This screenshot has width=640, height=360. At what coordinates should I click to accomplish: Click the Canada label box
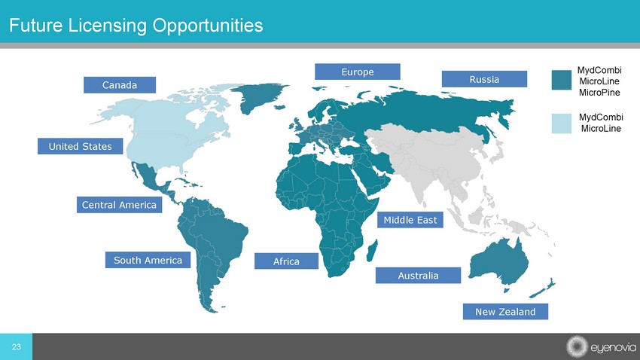120,85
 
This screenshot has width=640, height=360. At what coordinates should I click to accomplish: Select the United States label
80,146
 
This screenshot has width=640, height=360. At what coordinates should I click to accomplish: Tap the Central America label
119,205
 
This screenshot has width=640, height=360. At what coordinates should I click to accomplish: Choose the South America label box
148,260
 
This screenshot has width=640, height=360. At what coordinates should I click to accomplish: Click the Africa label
286,261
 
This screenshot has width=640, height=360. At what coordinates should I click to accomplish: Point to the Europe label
357,72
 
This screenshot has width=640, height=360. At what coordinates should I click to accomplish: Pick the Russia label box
484,79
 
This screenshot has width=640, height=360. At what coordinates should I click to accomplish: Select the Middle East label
410,220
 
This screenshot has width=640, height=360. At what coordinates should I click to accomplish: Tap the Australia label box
418,276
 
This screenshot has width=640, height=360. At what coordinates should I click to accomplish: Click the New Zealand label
505,312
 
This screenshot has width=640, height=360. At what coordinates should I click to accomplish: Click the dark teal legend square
561,80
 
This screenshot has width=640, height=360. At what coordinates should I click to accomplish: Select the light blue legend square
561,124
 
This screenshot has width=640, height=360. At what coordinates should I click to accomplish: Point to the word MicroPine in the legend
599,93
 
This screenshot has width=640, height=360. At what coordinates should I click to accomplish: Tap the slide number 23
17,347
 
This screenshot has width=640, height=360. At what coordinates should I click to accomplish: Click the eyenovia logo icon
576,346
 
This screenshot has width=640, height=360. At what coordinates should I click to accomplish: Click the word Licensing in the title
108,26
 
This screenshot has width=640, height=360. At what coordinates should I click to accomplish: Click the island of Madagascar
372,251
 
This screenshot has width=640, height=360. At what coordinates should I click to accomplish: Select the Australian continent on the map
498,261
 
